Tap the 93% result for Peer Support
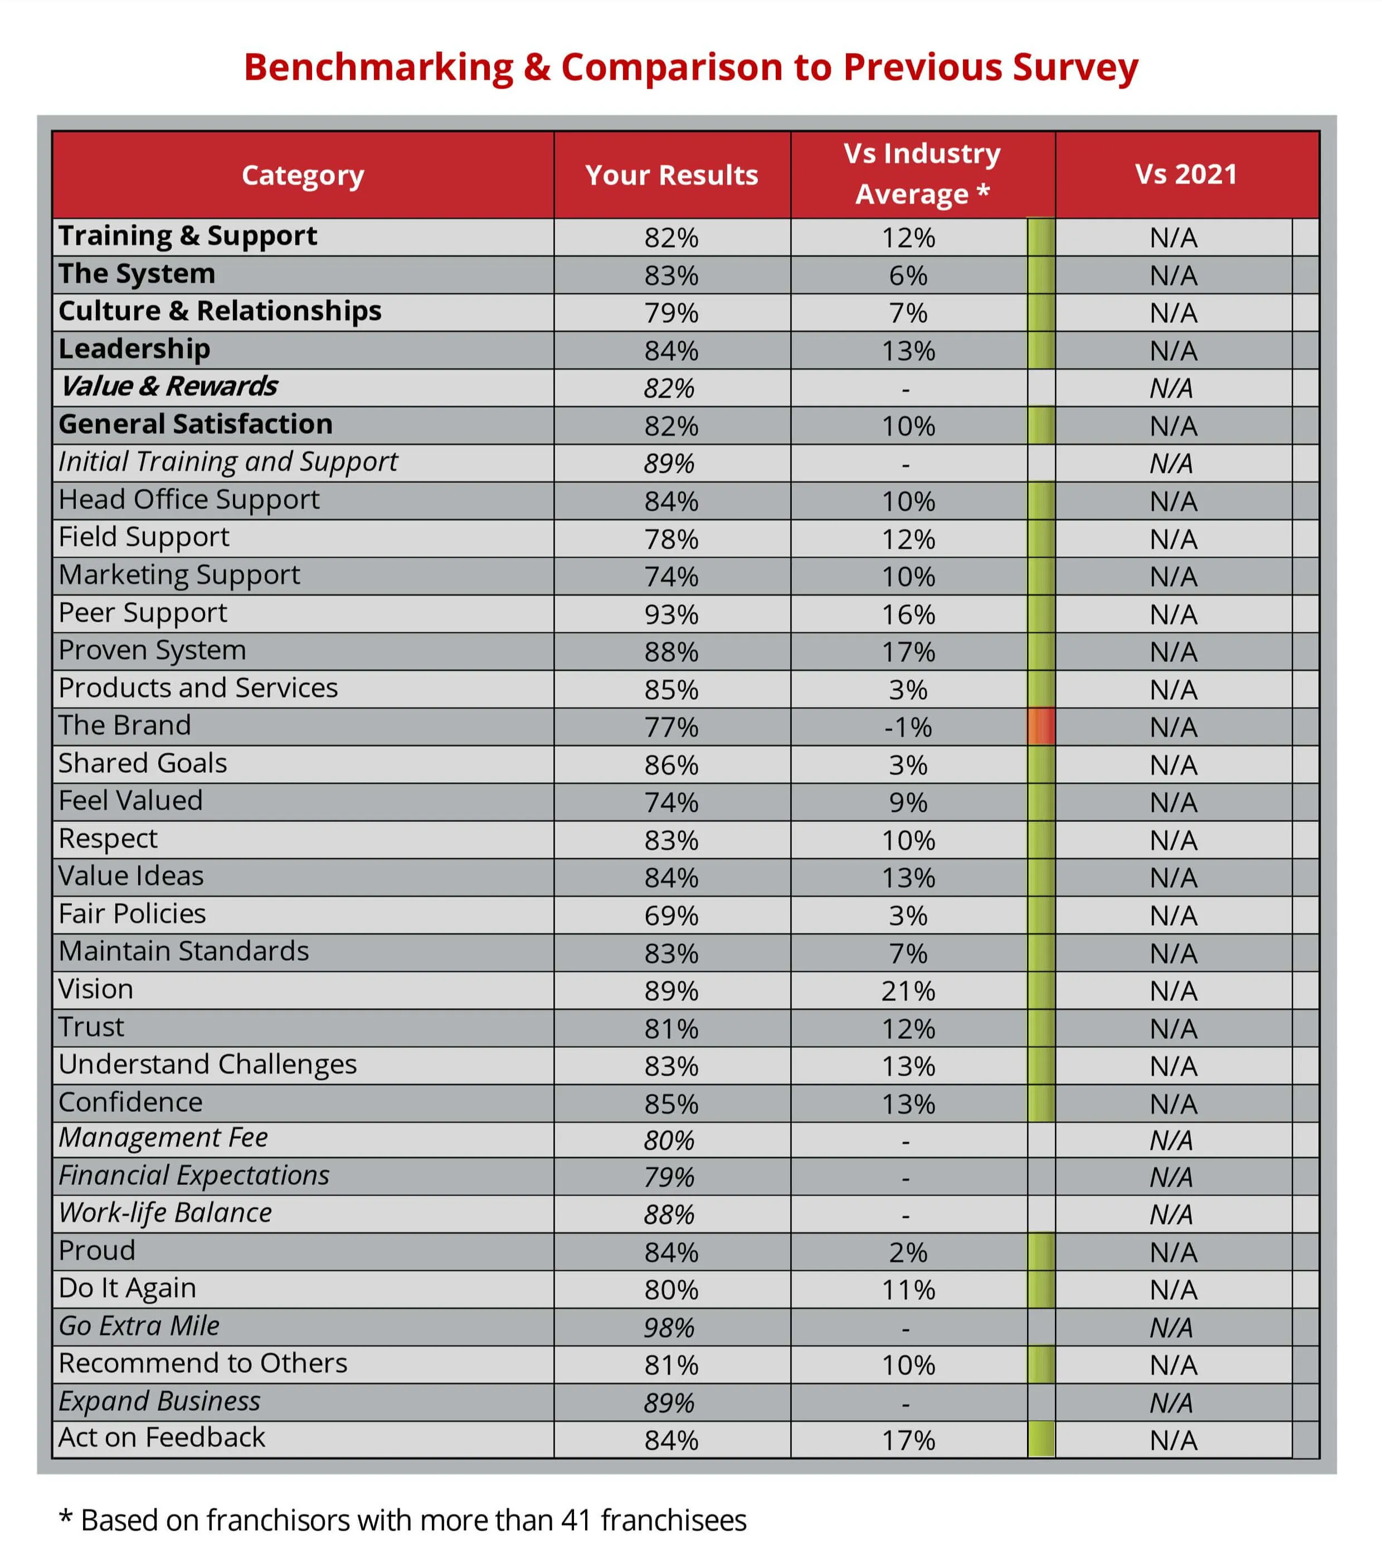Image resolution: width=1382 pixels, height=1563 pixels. point(671,614)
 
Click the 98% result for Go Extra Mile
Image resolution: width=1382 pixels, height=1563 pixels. point(669,1328)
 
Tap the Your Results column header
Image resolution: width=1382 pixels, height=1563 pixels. point(671,175)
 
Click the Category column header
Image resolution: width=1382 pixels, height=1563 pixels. point(303,175)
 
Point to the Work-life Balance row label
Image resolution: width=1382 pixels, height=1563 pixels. point(165,1213)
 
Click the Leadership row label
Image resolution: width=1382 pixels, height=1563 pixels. point(134,349)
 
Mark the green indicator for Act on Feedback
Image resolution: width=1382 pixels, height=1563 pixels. point(1041,1439)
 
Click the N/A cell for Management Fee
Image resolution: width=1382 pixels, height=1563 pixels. point(1171,1140)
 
